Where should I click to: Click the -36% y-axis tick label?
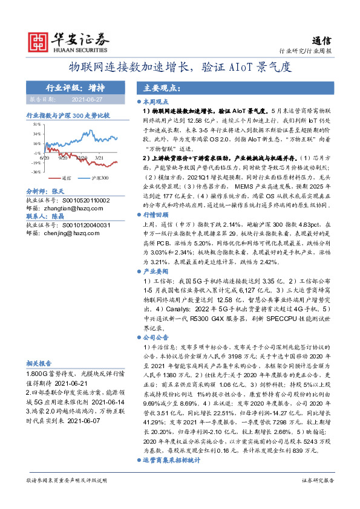tap(37, 172)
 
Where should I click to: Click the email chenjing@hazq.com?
tap(73, 232)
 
